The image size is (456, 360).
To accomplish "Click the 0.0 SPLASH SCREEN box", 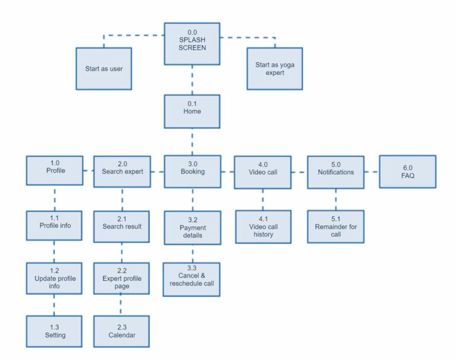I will [x=192, y=44].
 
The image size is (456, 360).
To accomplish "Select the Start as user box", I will [x=104, y=68].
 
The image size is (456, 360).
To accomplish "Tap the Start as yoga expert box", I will [x=275, y=68].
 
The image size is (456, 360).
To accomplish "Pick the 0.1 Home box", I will [x=192, y=111].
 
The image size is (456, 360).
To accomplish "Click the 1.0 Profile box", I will [x=55, y=171].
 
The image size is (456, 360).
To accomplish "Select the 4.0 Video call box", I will [x=262, y=172].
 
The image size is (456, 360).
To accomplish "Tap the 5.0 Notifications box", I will [x=335, y=172].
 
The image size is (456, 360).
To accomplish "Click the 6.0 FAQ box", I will [x=407, y=172].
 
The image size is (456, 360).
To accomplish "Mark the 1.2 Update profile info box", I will [x=55, y=278].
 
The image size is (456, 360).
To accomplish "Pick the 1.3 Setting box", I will [x=55, y=331].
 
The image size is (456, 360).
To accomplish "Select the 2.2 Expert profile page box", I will [x=122, y=278].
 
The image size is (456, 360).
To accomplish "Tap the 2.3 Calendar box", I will [x=122, y=331].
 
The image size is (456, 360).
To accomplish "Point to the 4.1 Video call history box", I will [x=262, y=226].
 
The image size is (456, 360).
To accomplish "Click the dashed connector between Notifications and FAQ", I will [x=372, y=172].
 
